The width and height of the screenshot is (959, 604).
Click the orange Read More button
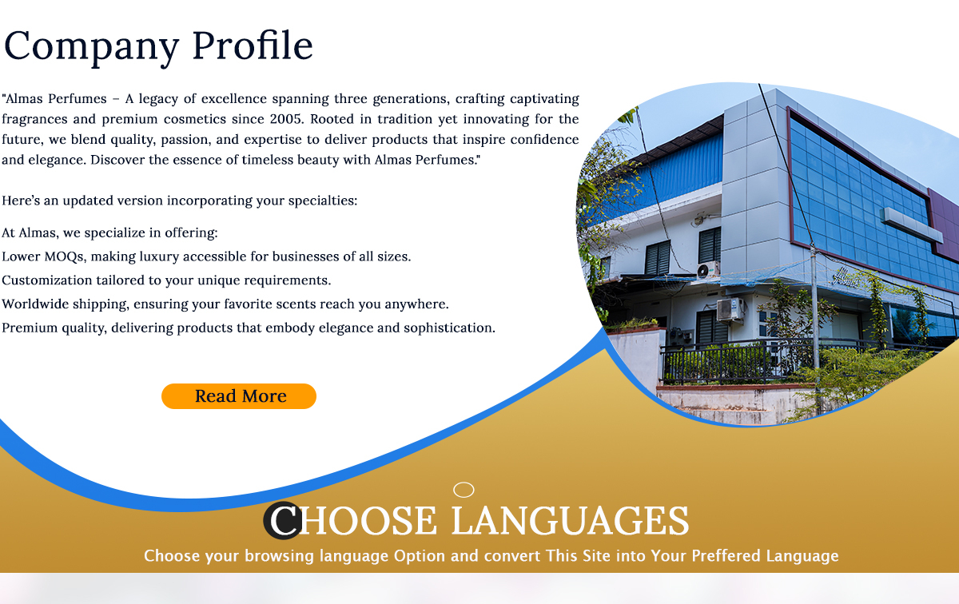(239, 396)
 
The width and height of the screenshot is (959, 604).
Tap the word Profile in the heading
(253, 45)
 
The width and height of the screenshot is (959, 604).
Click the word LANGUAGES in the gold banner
(571, 521)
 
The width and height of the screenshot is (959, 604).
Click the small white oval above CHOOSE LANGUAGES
(464, 490)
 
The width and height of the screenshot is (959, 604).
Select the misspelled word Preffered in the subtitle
(726, 555)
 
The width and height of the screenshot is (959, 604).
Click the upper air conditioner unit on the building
(708, 270)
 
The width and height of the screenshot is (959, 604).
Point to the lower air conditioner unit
(730, 309)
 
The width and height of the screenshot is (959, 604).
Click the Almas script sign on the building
(845, 277)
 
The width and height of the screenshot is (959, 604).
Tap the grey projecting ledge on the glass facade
(912, 224)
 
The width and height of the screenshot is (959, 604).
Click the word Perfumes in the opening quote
(77, 99)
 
